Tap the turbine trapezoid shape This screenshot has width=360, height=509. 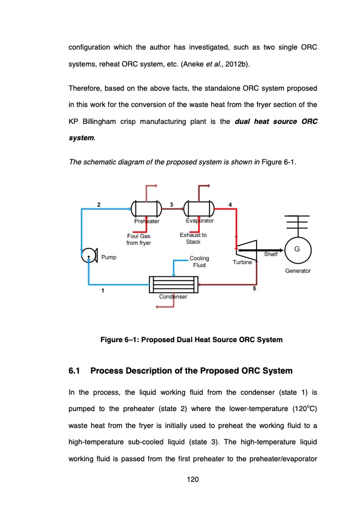247,250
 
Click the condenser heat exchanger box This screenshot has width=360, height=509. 174,284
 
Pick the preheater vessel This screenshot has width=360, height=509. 146,209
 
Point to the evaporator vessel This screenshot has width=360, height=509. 199,209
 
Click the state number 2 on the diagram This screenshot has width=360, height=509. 99,204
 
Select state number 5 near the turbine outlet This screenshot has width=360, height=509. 254,288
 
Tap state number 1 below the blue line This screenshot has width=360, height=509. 103,291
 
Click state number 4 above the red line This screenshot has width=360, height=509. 230,204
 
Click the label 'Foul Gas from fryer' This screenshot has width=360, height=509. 139,239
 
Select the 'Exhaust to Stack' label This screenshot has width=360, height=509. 193,238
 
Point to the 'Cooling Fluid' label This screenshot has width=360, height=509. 199,262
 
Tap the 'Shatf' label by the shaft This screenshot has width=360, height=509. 270,254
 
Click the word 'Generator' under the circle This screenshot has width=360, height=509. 298,271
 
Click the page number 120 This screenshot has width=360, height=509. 192,479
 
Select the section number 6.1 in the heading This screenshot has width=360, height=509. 74,371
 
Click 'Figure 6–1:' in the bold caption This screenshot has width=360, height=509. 120,340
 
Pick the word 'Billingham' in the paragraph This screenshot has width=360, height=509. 99,122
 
